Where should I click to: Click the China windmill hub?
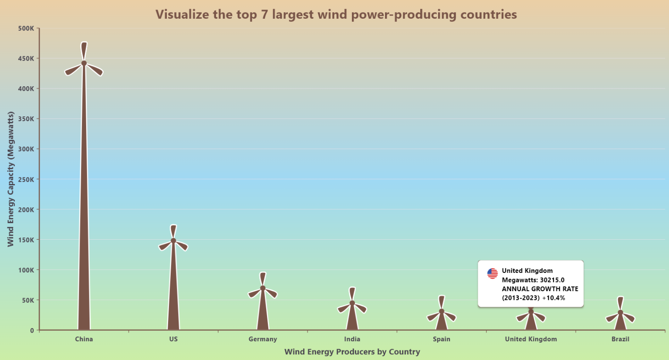click(x=84, y=63)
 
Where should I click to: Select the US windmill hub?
click(x=173, y=241)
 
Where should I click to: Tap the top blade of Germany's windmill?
click(x=263, y=278)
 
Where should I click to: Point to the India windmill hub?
click(x=352, y=303)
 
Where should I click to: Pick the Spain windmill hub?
click(x=442, y=311)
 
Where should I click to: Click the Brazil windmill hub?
click(x=620, y=312)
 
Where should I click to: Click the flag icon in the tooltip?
click(x=492, y=273)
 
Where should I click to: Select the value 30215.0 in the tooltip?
click(x=552, y=280)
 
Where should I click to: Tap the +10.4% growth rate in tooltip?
click(x=554, y=298)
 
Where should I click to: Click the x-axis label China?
click(x=84, y=339)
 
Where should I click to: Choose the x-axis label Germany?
click(x=263, y=339)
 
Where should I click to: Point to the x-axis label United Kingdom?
click(x=531, y=339)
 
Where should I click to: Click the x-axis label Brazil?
click(x=620, y=339)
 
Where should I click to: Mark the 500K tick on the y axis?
click(x=26, y=28)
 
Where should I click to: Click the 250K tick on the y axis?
click(x=26, y=179)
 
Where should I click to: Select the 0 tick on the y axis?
click(x=32, y=330)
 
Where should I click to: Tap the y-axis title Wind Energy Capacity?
click(x=10, y=179)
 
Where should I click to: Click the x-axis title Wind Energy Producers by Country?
click(x=352, y=352)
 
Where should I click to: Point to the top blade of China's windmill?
click(x=84, y=50)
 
